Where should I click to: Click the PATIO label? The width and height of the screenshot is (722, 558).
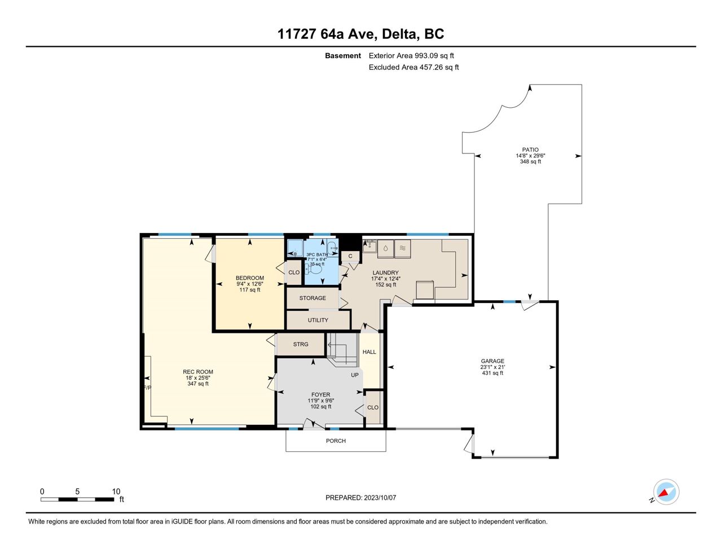coord(530,150)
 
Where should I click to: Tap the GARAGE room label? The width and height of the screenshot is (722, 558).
coord(492,361)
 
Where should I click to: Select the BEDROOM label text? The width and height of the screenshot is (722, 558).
coord(249,278)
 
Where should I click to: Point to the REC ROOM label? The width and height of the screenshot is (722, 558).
coord(197,372)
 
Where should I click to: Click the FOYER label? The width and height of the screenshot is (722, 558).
coord(320,395)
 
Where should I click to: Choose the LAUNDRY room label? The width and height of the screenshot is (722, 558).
coord(385,273)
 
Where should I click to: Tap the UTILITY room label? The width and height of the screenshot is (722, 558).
coord(318,320)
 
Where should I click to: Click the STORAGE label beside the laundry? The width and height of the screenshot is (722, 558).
coord(312,298)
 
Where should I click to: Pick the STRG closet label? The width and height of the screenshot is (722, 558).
coord(300,344)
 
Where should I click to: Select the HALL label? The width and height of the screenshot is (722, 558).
coord(369,352)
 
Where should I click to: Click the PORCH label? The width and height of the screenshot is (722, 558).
coord(336,441)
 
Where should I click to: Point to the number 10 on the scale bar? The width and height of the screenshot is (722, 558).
coord(116,491)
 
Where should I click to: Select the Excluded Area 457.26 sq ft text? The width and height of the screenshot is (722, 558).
coord(413,67)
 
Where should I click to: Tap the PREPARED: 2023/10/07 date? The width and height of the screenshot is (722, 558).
coord(360,498)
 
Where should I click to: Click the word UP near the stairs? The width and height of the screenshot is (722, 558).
coord(355,375)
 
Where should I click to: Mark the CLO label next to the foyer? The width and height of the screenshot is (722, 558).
coord(372,407)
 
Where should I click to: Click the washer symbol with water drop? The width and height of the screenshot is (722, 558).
coord(385,248)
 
